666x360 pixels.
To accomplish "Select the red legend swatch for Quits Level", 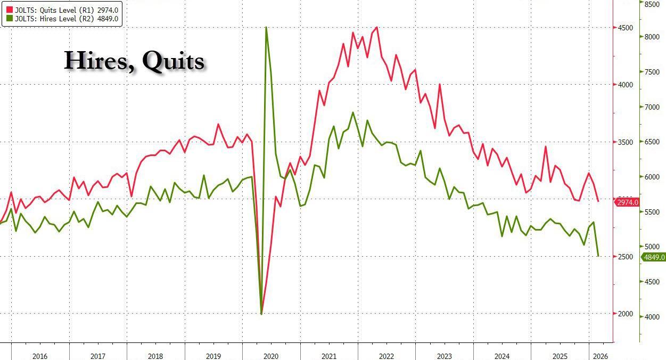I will point(10,9).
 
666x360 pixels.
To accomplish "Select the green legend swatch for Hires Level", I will point(10,19).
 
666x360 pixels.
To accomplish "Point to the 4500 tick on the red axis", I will point(626,28).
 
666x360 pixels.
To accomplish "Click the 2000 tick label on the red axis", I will point(626,314).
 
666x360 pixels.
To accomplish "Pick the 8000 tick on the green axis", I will point(652,37).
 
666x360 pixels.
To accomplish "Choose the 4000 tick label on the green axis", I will point(652,317).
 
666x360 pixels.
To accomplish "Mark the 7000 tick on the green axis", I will point(652,107).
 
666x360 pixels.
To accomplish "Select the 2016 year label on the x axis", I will point(40,356).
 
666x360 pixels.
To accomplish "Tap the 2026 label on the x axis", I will point(599,356).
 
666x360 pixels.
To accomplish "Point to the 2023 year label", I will point(444,356).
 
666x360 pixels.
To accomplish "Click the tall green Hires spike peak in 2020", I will point(266,27).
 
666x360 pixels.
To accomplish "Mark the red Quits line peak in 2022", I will point(377,27).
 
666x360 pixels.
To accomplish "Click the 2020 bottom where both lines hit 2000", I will point(261,314).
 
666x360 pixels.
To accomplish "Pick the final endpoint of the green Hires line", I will point(598,256).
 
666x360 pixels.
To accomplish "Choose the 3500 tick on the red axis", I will point(626,142).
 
